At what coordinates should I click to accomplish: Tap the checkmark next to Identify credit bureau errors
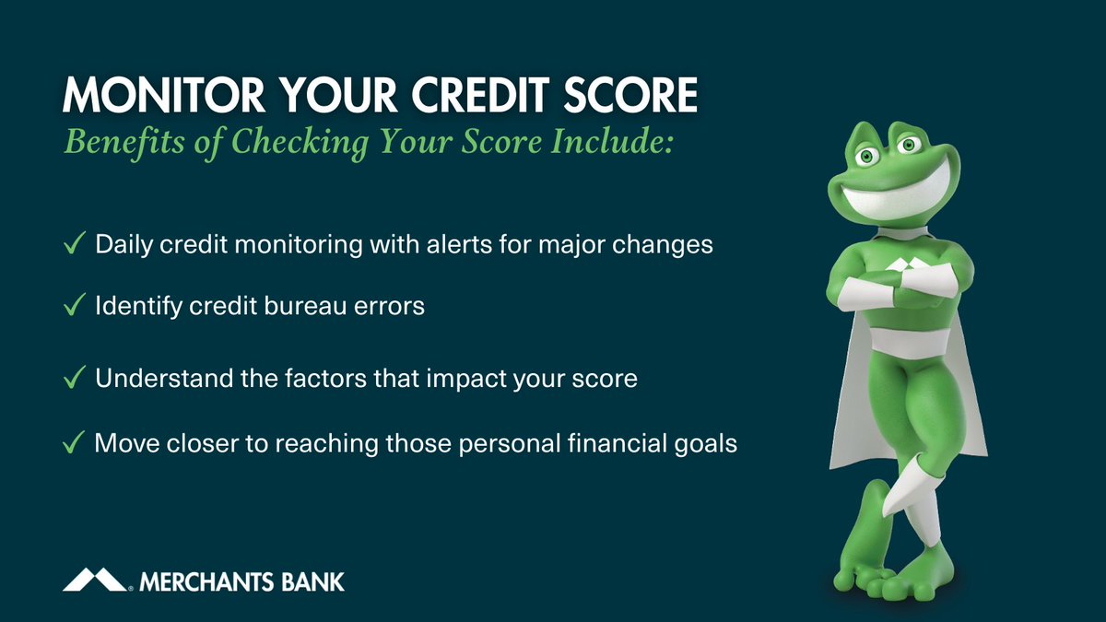click(74, 306)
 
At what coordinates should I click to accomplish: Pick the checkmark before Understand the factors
click(74, 379)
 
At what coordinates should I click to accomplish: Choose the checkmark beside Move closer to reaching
click(74, 444)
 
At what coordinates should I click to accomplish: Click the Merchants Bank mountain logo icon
click(95, 580)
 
